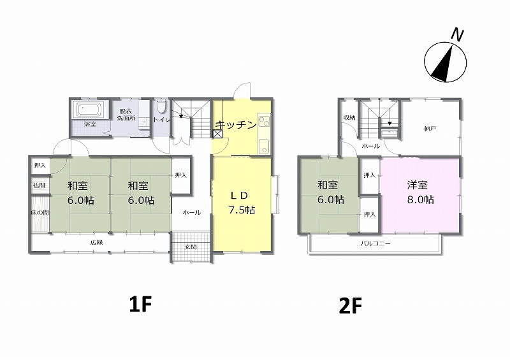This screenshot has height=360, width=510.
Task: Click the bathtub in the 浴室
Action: click(89, 110)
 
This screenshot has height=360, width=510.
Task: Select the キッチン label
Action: click(236, 125)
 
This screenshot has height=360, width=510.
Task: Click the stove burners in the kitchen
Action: click(265, 121)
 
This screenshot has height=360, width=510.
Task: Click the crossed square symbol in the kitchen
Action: click(217, 134)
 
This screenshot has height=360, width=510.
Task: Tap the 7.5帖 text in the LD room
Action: click(242, 210)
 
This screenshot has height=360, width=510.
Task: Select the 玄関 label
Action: click(191, 247)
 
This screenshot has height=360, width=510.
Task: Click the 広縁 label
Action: click(97, 242)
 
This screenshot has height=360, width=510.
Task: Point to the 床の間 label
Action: click(40, 213)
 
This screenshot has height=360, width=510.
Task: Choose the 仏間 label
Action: click(40, 185)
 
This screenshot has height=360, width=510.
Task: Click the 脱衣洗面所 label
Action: click(126, 115)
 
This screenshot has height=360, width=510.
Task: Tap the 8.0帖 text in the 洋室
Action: click(421, 199)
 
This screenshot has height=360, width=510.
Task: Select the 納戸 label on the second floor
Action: click(430, 129)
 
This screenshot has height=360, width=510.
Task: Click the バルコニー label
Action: click(375, 243)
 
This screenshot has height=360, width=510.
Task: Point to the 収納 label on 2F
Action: click(349, 118)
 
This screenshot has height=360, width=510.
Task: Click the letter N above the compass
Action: click(458, 34)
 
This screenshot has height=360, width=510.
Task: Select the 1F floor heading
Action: click(140, 305)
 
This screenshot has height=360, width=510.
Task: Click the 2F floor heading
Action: click(350, 306)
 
